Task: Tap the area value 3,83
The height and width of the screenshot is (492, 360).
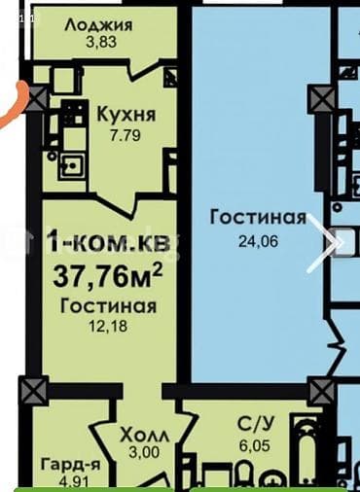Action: [99, 42]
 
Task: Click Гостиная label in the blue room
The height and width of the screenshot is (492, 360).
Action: [258, 217]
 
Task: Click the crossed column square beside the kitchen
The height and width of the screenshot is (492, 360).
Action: [38, 95]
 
